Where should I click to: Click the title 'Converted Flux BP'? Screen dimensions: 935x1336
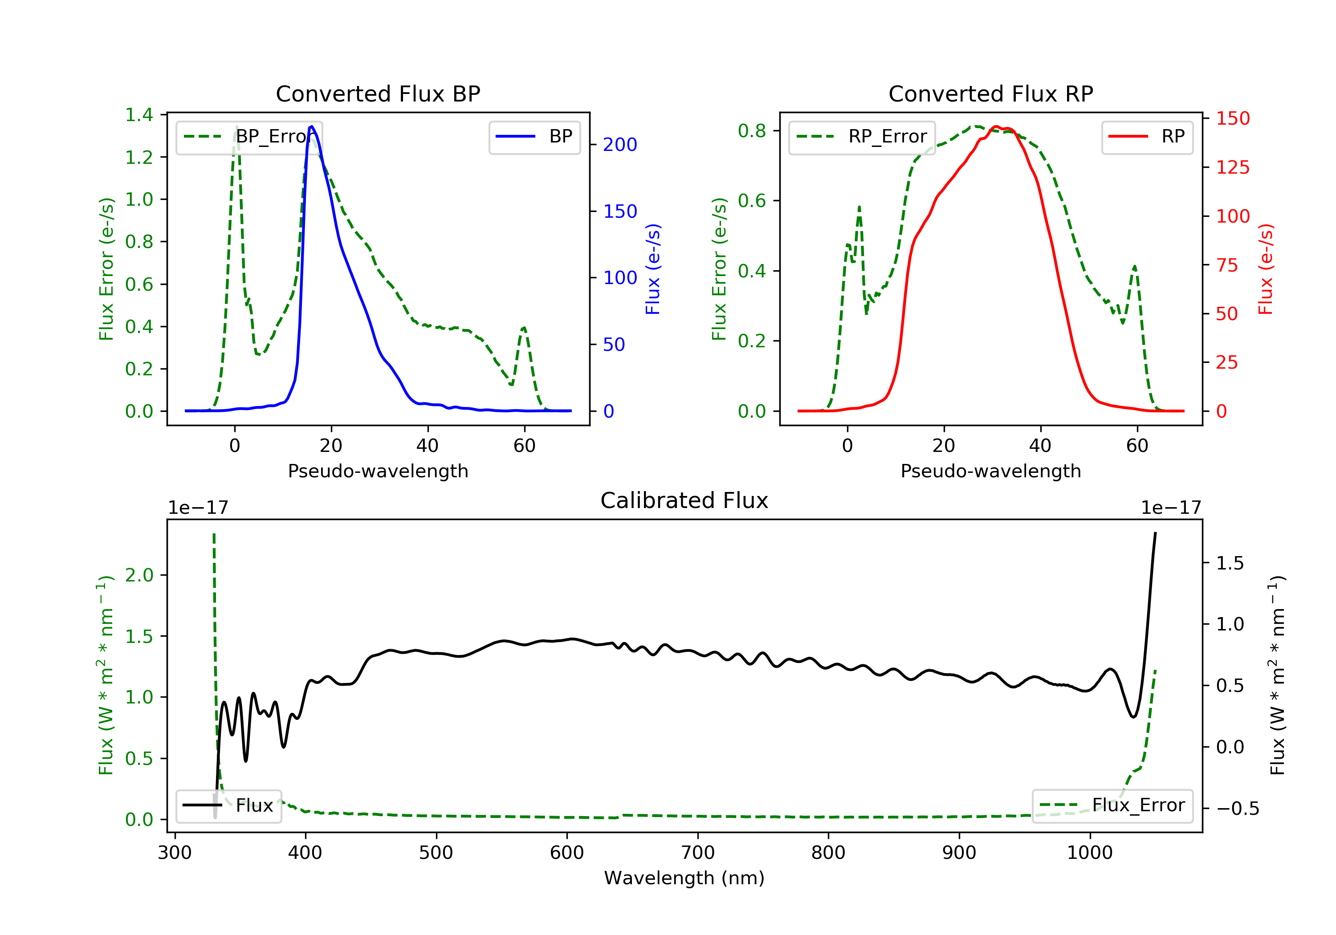click(x=378, y=93)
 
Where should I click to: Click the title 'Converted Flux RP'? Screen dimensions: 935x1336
click(x=990, y=93)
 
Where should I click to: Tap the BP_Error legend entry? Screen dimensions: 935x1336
click(x=249, y=137)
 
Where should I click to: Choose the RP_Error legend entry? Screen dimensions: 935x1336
click(x=862, y=137)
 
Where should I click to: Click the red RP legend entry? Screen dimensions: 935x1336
click(x=1147, y=137)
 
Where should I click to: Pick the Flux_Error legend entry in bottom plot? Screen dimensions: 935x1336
click(x=1112, y=805)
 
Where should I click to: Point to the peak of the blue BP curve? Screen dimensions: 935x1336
click(x=312, y=126)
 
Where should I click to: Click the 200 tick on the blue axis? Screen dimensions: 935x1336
click(x=620, y=145)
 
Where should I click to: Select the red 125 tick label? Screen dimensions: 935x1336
click(x=1232, y=167)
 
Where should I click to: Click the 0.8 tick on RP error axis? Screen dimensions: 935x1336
click(x=752, y=131)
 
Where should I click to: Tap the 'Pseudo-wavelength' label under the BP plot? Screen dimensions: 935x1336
click(x=378, y=471)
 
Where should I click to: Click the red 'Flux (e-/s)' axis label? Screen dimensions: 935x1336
click(x=1266, y=269)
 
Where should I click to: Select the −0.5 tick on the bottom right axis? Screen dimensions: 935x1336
click(x=1237, y=809)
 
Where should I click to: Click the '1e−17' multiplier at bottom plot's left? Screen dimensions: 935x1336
click(x=198, y=508)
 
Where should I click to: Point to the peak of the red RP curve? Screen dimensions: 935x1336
click(x=996, y=127)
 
